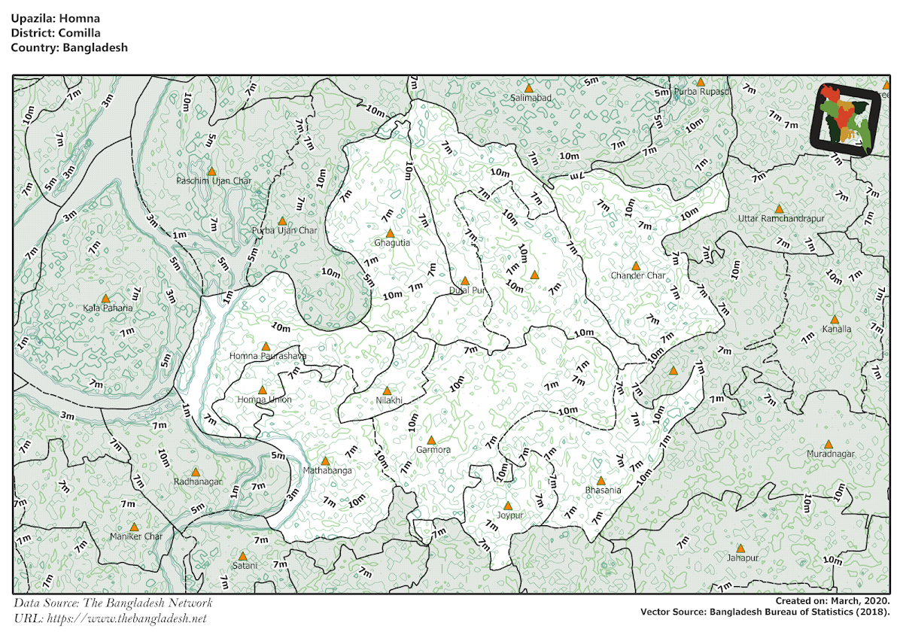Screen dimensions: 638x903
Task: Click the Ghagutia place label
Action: [392, 243]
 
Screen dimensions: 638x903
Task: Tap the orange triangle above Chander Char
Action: [636, 266]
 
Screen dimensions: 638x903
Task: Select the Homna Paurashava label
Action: [267, 356]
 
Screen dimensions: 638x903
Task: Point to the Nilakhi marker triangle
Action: [387, 390]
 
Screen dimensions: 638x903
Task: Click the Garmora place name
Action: [433, 450]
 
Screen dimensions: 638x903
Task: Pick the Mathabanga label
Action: [327, 470]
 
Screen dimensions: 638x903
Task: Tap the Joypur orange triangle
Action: [507, 506]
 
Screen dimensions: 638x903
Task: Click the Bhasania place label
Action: [603, 491]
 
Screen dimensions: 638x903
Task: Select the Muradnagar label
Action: [831, 454]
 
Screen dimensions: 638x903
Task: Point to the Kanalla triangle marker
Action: [834, 319]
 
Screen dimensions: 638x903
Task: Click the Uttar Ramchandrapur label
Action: [781, 218]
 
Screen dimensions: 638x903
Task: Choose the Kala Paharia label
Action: [108, 308]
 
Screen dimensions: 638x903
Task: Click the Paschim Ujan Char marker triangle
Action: [211, 172]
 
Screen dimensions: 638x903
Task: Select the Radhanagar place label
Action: [198, 482]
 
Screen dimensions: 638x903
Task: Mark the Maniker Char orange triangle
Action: [134, 527]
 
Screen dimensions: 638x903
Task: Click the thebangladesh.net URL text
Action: [126, 618]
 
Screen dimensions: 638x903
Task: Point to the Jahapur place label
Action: [742, 558]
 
